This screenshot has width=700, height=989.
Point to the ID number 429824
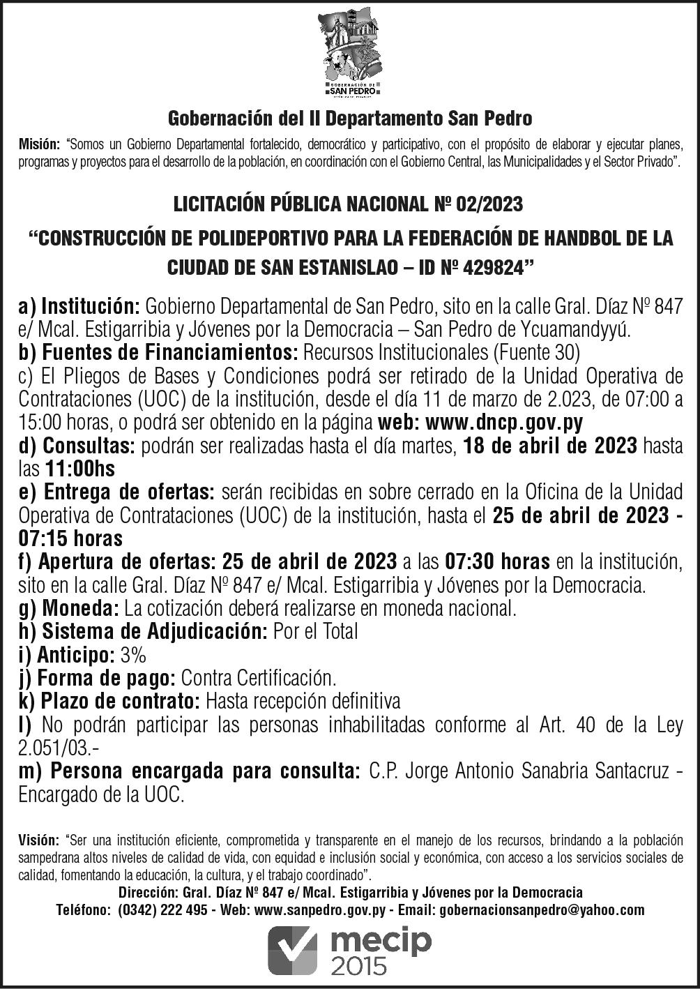point(494,266)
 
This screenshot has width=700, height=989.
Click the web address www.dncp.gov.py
point(504,422)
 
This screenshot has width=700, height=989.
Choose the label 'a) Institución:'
point(80,306)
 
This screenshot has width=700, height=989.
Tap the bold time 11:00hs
point(80,469)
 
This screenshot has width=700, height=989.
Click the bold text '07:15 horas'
point(71,538)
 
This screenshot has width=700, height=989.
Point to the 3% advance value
point(133,655)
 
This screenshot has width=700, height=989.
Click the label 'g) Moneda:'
point(69,608)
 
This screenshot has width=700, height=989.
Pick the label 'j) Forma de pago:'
point(97,677)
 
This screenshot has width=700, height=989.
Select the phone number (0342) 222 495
point(162,909)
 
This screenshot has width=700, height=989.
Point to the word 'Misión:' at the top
point(39,145)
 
